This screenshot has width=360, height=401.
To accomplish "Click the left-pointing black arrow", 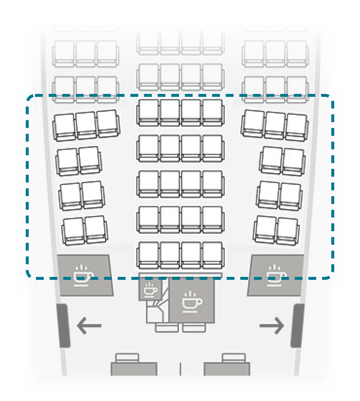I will [89, 326].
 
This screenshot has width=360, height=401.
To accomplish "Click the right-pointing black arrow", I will [271, 326].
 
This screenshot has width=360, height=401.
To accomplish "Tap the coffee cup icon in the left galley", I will [83, 275].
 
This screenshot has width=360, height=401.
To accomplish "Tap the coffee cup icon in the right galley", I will [276, 275].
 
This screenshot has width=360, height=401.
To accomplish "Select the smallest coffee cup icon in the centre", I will [150, 290].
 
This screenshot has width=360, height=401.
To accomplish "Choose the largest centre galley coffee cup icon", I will [192, 302].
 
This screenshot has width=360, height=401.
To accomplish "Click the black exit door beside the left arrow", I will [63, 325].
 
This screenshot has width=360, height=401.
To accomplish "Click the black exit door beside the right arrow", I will [297, 325].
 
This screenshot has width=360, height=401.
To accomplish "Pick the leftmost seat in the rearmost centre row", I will [148, 254].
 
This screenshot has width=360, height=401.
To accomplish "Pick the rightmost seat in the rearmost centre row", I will [212, 254].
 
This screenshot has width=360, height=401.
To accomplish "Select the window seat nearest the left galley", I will [73, 230].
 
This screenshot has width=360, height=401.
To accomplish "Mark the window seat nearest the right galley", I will [287, 230].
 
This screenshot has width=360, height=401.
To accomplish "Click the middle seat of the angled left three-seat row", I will [86, 124].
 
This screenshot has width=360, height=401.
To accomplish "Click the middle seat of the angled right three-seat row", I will [275, 124].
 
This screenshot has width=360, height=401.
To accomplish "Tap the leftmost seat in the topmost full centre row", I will [148, 40].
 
